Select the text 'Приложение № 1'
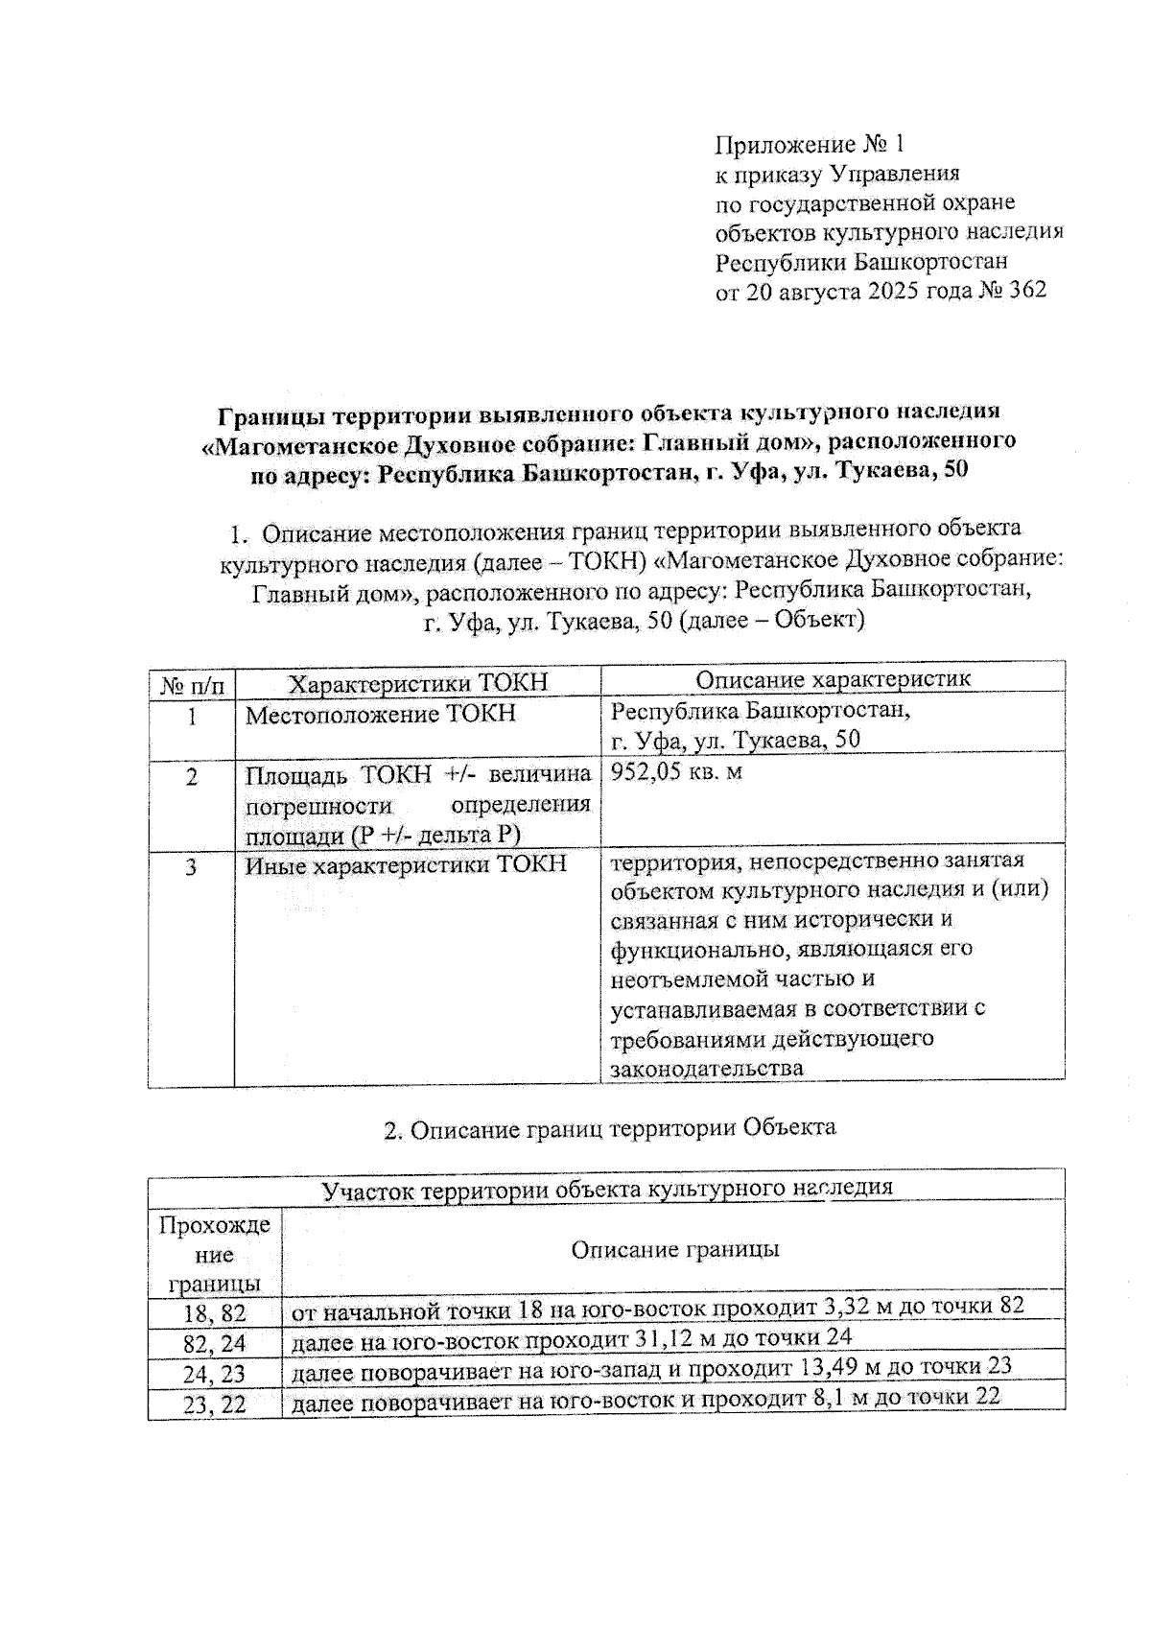point(810,145)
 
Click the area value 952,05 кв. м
point(677,771)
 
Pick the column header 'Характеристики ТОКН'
point(418,682)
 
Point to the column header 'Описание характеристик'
point(833,679)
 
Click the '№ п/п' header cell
point(192,685)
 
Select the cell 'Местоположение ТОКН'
point(381,714)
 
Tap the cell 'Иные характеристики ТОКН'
point(406,864)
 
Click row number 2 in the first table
point(192,777)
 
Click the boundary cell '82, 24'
point(215,1342)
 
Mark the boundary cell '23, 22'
point(215,1404)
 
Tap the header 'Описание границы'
point(674,1249)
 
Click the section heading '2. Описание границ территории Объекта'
point(610,1128)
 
